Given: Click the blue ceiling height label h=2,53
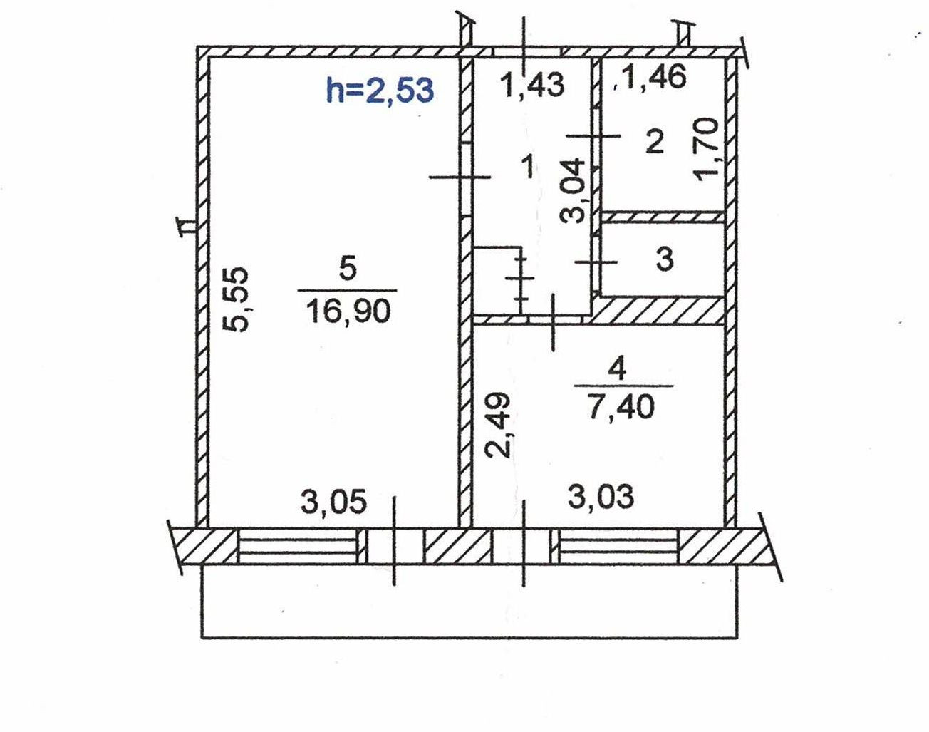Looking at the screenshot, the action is pos(380,91).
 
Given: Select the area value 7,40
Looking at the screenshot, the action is pos(621,407).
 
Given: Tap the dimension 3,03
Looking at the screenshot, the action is pos(601,497).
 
